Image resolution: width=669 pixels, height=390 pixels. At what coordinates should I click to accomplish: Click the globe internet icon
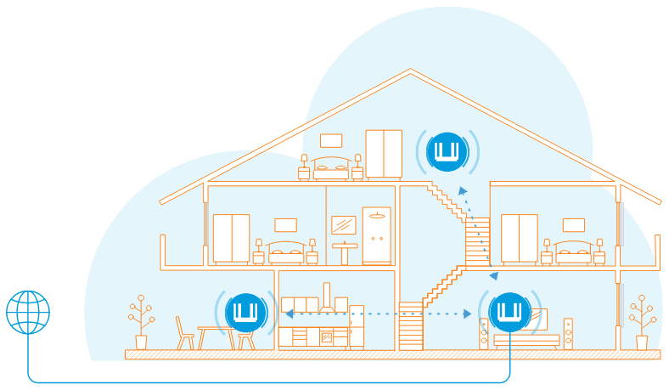[x=28, y=312]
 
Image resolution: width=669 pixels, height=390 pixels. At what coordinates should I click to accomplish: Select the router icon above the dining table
[x=246, y=312]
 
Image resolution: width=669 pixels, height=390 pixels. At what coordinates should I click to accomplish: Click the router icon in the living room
[x=509, y=312]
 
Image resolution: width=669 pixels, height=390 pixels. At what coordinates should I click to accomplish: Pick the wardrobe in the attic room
[x=384, y=154]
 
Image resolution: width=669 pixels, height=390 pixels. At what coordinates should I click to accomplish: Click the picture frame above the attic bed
[x=331, y=141]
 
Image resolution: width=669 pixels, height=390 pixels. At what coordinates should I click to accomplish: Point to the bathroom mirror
[x=343, y=225]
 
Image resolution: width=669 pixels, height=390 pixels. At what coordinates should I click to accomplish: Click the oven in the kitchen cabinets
[x=326, y=337]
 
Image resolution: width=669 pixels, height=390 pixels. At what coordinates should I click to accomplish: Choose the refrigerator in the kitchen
[x=356, y=326]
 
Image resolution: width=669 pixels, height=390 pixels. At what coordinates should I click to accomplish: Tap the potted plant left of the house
[x=141, y=323]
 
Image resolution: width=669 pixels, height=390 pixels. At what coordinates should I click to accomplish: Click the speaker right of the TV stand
[x=568, y=333]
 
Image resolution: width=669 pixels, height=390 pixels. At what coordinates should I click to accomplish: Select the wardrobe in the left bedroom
[x=230, y=239]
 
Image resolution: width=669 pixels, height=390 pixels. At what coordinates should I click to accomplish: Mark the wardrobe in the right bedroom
[x=519, y=239]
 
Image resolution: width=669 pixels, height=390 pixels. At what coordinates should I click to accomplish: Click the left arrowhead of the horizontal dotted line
[x=289, y=314]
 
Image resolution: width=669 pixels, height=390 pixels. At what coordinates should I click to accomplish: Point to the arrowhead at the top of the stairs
[x=462, y=191]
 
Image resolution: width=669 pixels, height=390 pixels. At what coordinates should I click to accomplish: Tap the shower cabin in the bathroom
[x=376, y=235]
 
